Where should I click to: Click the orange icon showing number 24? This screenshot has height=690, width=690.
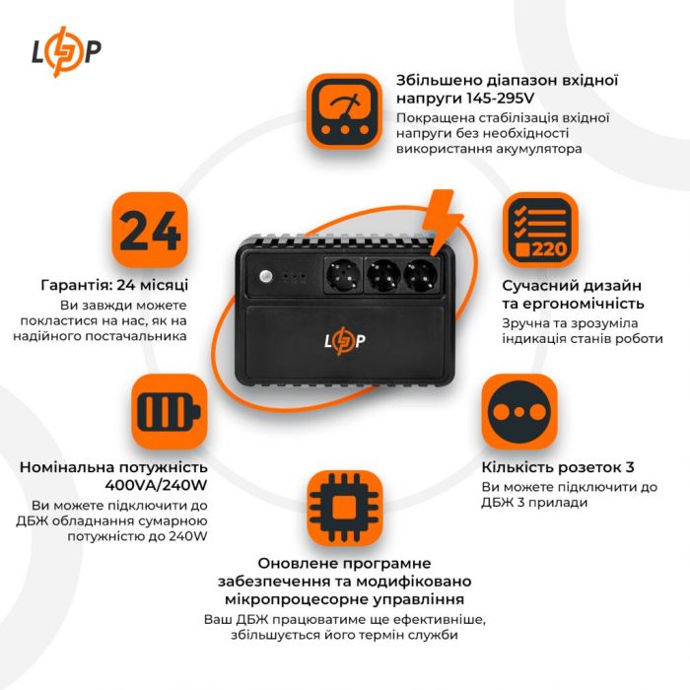coord(150,230)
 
